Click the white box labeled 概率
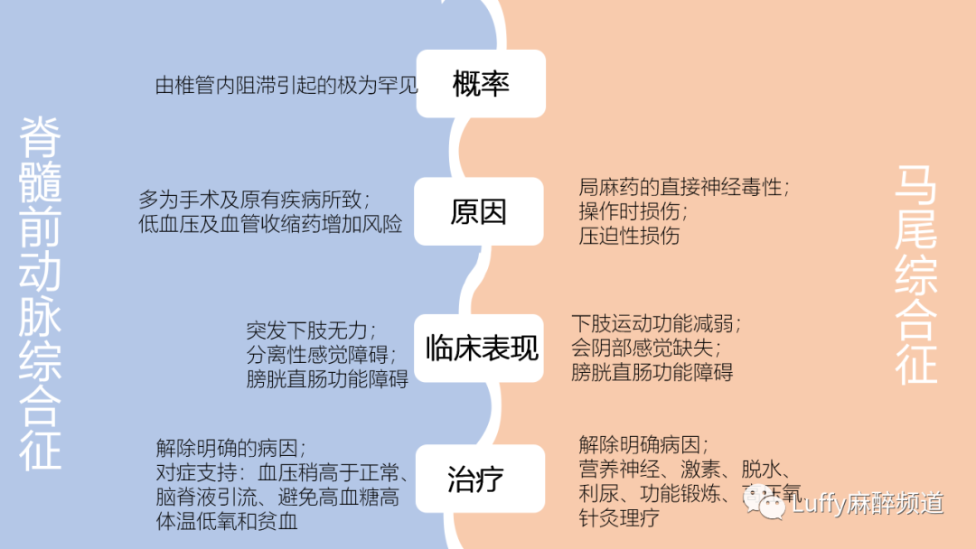pyautogui.click(x=481, y=84)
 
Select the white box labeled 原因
pyautogui.click(x=479, y=212)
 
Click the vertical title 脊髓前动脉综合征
pyautogui.click(x=41, y=293)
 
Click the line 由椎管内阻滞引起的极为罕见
pyautogui.click(x=287, y=86)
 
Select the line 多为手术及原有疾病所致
pyautogui.click(x=254, y=198)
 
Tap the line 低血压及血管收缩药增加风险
pyautogui.click(x=270, y=224)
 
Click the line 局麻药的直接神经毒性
pyautogui.click(x=684, y=187)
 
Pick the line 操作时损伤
pyautogui.click(x=633, y=212)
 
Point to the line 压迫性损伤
pyautogui.click(x=629, y=237)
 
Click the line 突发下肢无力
pyautogui.click(x=311, y=330)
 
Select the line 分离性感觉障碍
pyautogui.click(x=319, y=355)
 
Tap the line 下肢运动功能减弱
pyautogui.click(x=656, y=323)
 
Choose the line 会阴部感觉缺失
pyautogui.click(x=647, y=348)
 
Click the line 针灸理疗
pyautogui.click(x=619, y=517)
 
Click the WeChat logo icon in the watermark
pyautogui.click(x=772, y=506)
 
